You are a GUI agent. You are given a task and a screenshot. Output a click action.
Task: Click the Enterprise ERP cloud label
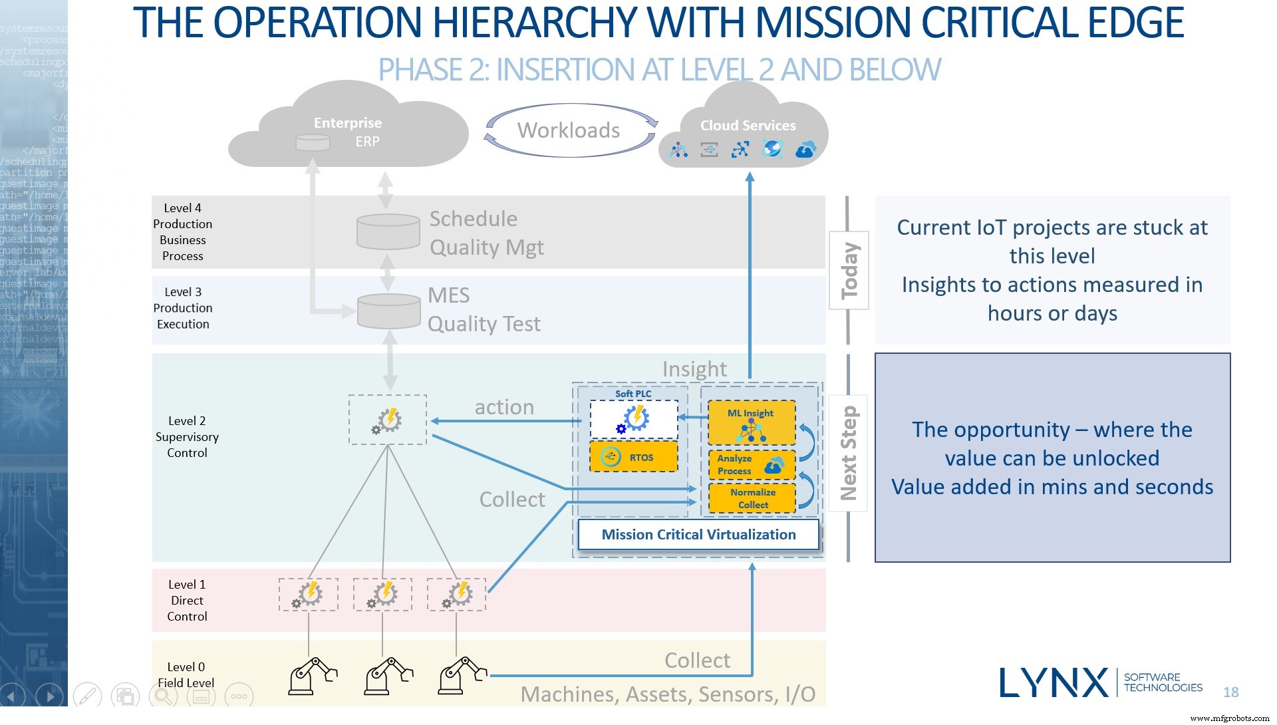point(348,132)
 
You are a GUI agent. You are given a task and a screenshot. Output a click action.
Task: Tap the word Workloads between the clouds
point(569,130)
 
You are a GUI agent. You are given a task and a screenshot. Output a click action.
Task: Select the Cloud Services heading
point(748,125)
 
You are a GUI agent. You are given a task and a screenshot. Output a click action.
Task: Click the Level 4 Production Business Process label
point(183,232)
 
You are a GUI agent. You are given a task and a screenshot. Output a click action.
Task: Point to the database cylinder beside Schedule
point(388,231)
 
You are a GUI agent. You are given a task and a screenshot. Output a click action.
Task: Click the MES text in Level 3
point(448,295)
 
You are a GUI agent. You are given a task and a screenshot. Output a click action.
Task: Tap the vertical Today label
point(849,270)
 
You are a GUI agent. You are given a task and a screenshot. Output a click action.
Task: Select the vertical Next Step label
point(848,453)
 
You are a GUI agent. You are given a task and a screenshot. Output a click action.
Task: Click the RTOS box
point(633,457)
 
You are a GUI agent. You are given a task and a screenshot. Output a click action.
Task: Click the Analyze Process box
point(751,465)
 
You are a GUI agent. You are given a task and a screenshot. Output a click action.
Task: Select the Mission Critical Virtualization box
point(698,535)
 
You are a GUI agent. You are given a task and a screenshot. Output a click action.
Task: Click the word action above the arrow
point(504,407)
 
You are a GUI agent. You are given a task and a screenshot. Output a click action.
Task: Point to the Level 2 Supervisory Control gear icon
point(388,420)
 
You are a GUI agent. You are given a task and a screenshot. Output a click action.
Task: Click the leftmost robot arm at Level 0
point(311,676)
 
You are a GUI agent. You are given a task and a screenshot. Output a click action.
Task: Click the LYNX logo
point(1054,682)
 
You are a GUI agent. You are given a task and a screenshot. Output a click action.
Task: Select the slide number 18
point(1230,692)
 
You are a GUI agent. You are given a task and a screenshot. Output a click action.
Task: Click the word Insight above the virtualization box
point(694,369)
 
